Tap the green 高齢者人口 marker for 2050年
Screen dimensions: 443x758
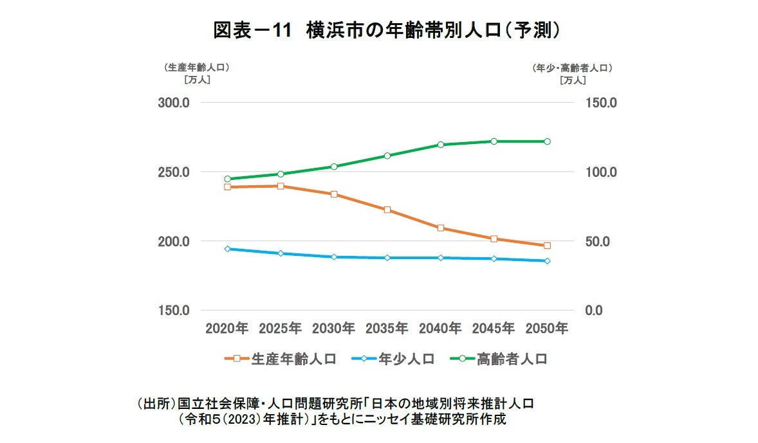[x=547, y=141]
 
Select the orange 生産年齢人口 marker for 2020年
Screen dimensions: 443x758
[x=227, y=187]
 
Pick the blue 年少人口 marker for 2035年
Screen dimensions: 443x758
[x=387, y=258]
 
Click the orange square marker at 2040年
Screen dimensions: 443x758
[x=441, y=228]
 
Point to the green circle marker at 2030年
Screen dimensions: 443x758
[x=334, y=167]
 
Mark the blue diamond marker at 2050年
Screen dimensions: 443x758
[x=547, y=261]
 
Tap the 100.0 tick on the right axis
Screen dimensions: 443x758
[x=600, y=172]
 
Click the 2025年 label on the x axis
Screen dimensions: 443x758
[x=281, y=329]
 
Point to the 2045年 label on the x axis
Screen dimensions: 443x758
[x=494, y=329]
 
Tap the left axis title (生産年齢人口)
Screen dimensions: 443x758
[x=197, y=67]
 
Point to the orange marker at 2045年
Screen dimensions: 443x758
[x=494, y=239]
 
